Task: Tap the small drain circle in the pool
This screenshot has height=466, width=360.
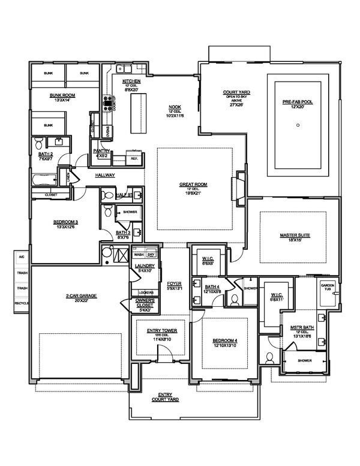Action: click(298, 125)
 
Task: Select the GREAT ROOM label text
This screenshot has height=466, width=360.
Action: click(194, 185)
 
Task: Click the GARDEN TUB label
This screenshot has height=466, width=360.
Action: click(327, 287)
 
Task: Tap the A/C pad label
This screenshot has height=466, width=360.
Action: click(22, 257)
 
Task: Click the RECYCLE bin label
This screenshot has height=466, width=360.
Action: click(22, 304)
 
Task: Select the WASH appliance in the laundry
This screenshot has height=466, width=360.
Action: click(138, 255)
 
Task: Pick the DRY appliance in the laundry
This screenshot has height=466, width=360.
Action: click(151, 255)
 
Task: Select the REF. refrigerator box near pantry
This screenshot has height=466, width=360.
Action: click(134, 159)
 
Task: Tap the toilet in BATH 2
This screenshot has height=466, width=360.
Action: click(38, 142)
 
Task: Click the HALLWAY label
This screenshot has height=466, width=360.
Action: click(104, 175)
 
